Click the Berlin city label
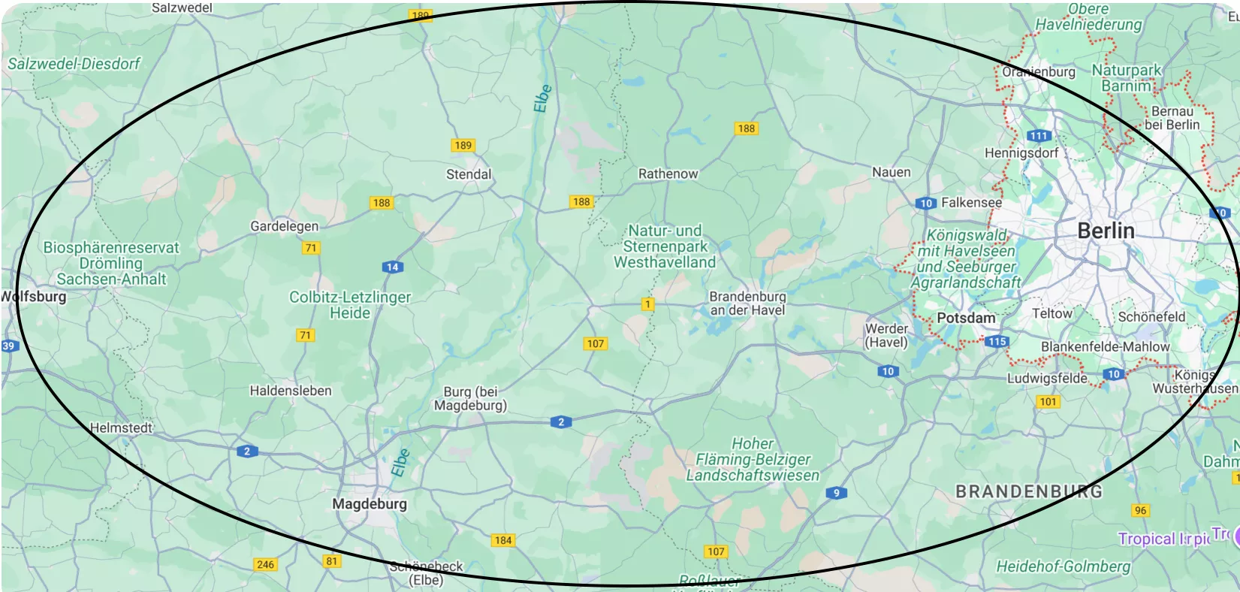click(x=1106, y=231)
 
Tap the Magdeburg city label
click(x=370, y=504)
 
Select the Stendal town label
click(x=469, y=174)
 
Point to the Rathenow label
click(x=668, y=174)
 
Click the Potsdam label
click(x=966, y=318)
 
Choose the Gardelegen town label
click(x=284, y=226)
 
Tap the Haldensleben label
click(x=291, y=391)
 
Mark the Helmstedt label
click(x=121, y=427)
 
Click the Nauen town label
click(x=891, y=172)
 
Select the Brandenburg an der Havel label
click(x=747, y=304)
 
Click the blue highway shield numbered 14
click(x=392, y=267)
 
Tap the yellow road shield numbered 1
click(x=647, y=304)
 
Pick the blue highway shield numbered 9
click(x=836, y=493)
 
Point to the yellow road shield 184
click(x=503, y=540)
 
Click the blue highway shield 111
click(x=1039, y=136)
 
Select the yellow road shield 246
click(x=266, y=564)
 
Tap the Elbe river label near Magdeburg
click(x=400, y=462)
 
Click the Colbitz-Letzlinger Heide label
click(x=350, y=305)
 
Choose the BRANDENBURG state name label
click(x=1029, y=491)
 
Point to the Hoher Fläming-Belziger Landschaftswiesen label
click(x=753, y=460)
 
